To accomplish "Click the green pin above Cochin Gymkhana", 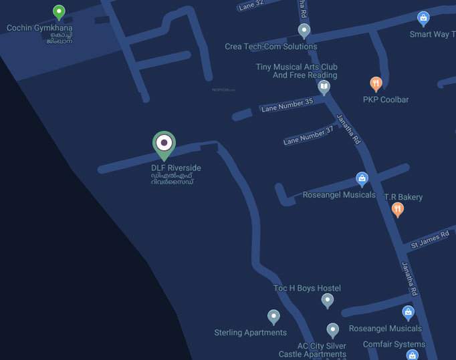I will pos(59,12).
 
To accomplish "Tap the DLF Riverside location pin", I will pos(164,144).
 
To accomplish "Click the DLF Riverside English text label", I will pos(176,168).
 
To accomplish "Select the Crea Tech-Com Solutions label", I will pos(271,47).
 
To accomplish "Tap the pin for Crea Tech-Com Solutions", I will pos(304,31).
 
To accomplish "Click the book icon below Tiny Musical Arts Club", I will pos(324,87).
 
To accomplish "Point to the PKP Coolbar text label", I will pos(386,100).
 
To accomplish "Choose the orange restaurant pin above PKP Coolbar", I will pos(376,84).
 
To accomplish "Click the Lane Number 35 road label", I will pos(287,105).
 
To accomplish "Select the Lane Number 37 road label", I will pos(308,136).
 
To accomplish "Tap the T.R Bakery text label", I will pos(403,197).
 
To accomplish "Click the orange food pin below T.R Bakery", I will pos(398,210).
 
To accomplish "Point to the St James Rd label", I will pos(429,240).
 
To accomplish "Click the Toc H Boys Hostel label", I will pos(307,288).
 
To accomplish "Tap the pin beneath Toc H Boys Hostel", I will pos(327,301).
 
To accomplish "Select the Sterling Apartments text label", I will pos(250,333).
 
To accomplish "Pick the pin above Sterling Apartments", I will pos(273,317).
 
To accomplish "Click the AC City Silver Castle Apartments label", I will pos(312,350).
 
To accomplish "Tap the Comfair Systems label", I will pos(394,345).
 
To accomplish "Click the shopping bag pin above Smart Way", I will pos(423,18).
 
